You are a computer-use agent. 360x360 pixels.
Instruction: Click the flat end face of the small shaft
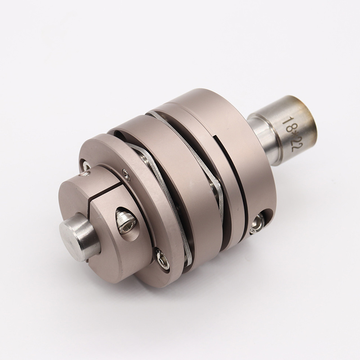69,232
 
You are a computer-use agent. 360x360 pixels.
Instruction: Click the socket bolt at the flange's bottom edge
162,259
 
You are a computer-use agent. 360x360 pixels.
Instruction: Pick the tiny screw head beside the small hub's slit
126,174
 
